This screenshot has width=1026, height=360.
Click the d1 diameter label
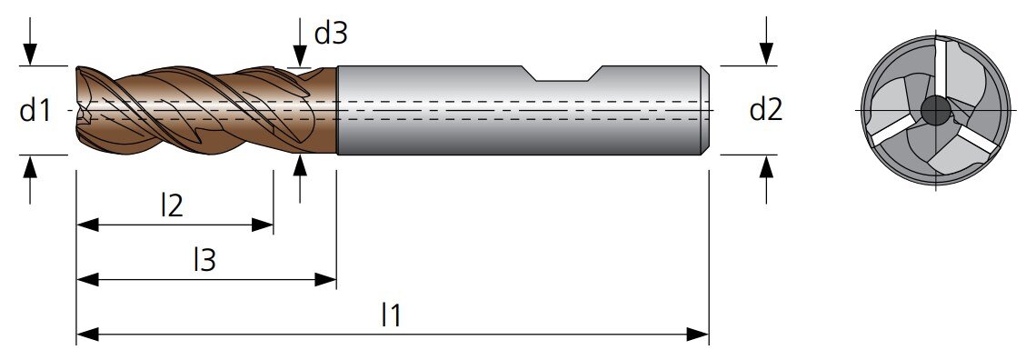(35, 111)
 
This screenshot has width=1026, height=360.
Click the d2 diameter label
(765, 110)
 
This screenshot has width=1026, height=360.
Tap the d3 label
(331, 34)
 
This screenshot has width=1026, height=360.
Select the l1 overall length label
(391, 315)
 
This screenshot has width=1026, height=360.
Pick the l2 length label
(172, 206)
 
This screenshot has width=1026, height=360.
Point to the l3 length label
(204, 261)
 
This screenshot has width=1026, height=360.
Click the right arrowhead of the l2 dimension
(263, 225)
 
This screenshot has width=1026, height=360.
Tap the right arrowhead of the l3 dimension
(325, 279)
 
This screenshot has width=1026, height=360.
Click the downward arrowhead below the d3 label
(300, 55)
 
